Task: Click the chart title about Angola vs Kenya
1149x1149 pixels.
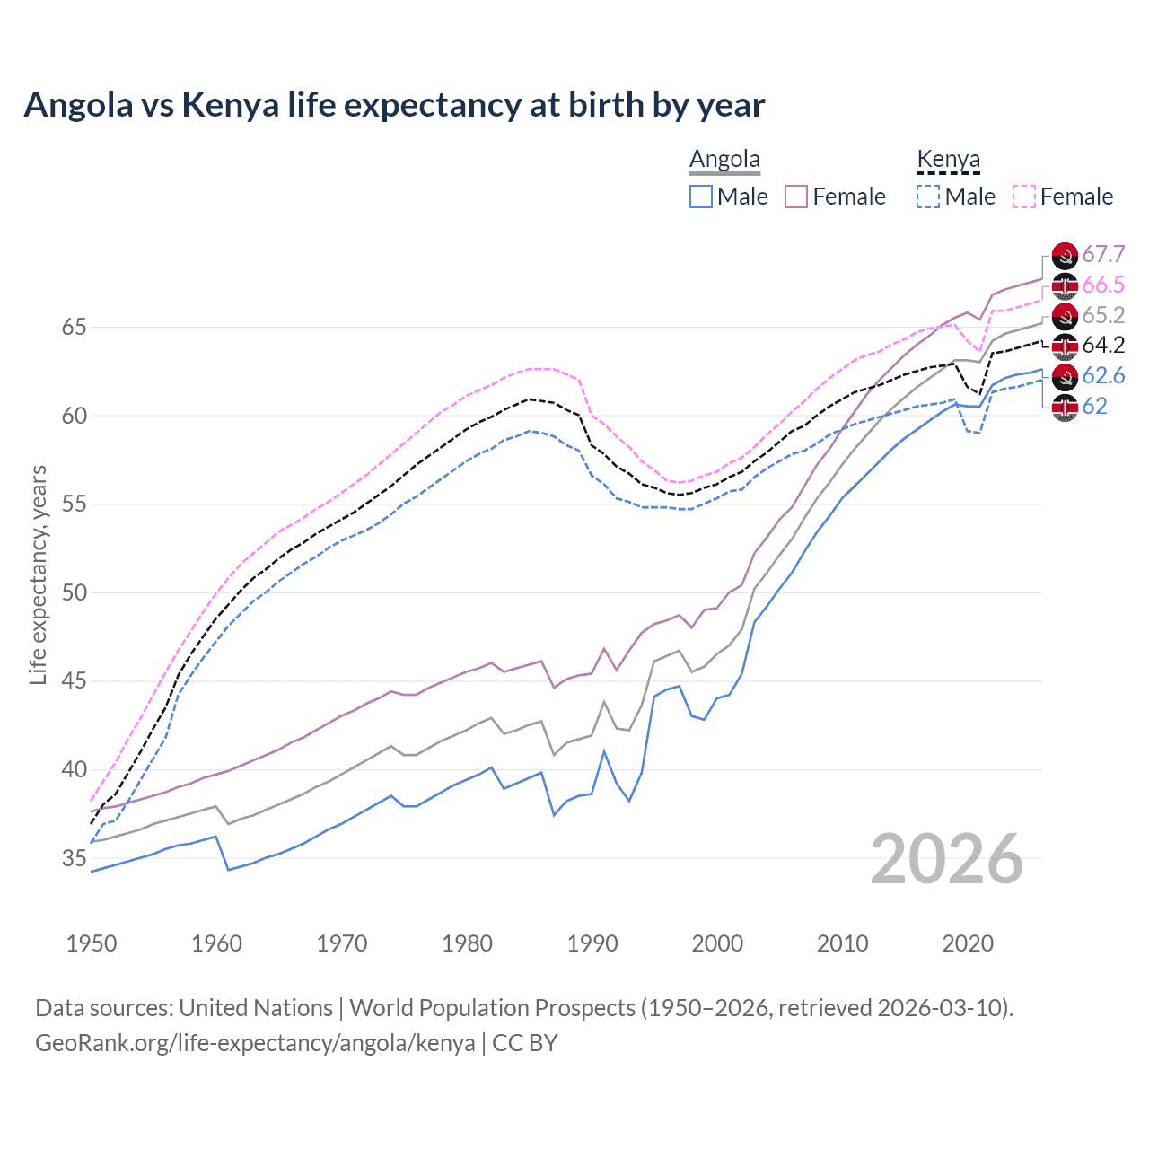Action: (x=394, y=105)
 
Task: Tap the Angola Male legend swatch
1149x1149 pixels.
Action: (x=701, y=197)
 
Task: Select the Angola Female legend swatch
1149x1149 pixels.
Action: (x=797, y=197)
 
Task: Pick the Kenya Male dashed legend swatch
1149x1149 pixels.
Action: (x=928, y=197)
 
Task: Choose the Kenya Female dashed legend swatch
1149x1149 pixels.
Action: (x=1024, y=197)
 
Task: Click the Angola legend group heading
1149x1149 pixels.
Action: (x=724, y=160)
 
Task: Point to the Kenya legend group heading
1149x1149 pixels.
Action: (x=948, y=160)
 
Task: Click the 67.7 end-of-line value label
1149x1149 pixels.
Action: (x=1103, y=255)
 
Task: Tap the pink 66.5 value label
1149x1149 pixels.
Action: (x=1103, y=285)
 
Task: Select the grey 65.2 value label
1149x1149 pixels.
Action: (x=1103, y=315)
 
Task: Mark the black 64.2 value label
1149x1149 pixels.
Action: (x=1103, y=346)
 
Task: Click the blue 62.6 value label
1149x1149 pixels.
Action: (x=1103, y=375)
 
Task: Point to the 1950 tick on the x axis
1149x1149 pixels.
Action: (x=92, y=943)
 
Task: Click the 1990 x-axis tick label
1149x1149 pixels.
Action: (x=592, y=943)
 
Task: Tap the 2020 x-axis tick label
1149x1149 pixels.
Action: (x=968, y=943)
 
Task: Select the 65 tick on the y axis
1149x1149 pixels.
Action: (x=74, y=327)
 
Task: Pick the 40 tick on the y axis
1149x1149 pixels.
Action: (x=74, y=769)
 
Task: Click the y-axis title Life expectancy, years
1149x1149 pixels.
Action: (x=38, y=574)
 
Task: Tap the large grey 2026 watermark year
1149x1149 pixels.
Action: (x=947, y=859)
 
